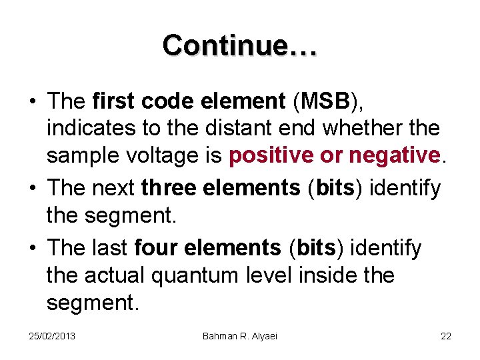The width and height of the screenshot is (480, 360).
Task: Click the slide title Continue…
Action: pyautogui.click(x=240, y=45)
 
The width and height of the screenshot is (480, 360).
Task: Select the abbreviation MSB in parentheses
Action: pyautogui.click(x=325, y=101)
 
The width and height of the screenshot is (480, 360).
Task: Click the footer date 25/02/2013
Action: pyautogui.click(x=53, y=335)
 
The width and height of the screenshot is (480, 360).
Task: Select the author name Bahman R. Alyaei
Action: pyautogui.click(x=240, y=335)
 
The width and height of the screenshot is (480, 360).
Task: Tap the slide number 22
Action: pyautogui.click(x=446, y=335)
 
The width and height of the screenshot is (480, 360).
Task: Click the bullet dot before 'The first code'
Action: pyautogui.click(x=32, y=101)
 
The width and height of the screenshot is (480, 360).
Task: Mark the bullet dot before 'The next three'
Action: pyautogui.click(x=32, y=189)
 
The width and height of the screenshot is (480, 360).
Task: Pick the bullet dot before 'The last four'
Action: pyautogui.click(x=32, y=249)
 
